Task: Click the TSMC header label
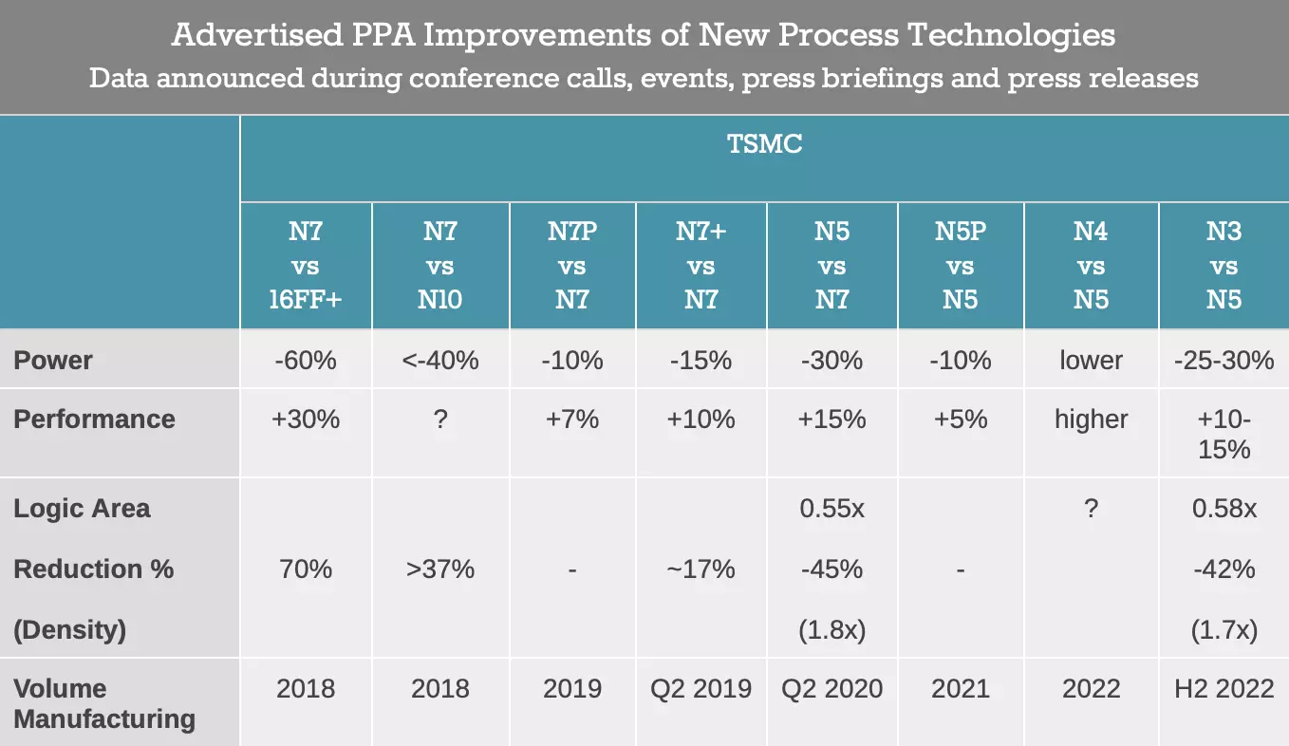click(x=764, y=144)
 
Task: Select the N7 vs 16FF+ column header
click(x=306, y=266)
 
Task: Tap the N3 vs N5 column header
click(x=1224, y=266)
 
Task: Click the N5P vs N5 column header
click(x=961, y=266)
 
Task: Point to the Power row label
click(x=53, y=361)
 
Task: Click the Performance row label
click(x=94, y=420)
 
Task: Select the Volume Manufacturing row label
click(x=104, y=703)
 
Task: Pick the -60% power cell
click(x=306, y=361)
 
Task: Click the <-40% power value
click(x=439, y=361)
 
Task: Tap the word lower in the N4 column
click(x=1091, y=361)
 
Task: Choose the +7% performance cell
click(x=572, y=419)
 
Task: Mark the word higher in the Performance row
click(x=1091, y=419)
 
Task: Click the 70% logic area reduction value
click(x=306, y=569)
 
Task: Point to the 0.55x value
click(x=831, y=509)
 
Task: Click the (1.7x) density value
click(x=1224, y=629)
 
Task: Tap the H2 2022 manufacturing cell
click(x=1224, y=688)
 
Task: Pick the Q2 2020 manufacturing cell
click(x=831, y=688)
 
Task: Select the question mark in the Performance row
click(x=439, y=419)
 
